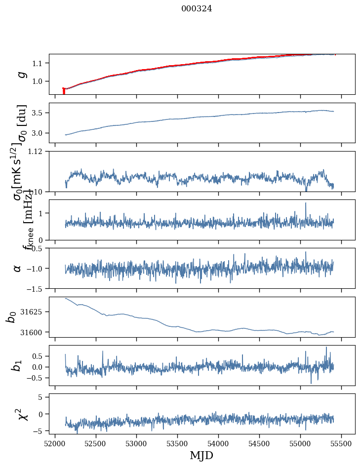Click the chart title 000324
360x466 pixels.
coord(197,8)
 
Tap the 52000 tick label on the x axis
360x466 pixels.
coord(55,444)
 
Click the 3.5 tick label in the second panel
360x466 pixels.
coord(39,113)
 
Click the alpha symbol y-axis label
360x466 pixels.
coord(18,268)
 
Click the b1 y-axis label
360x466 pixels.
coord(18,365)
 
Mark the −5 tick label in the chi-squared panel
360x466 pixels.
coord(39,431)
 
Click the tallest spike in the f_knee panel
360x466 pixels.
coord(306,203)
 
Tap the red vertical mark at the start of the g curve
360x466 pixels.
coord(64,91)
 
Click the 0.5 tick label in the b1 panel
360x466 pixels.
coord(39,356)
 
